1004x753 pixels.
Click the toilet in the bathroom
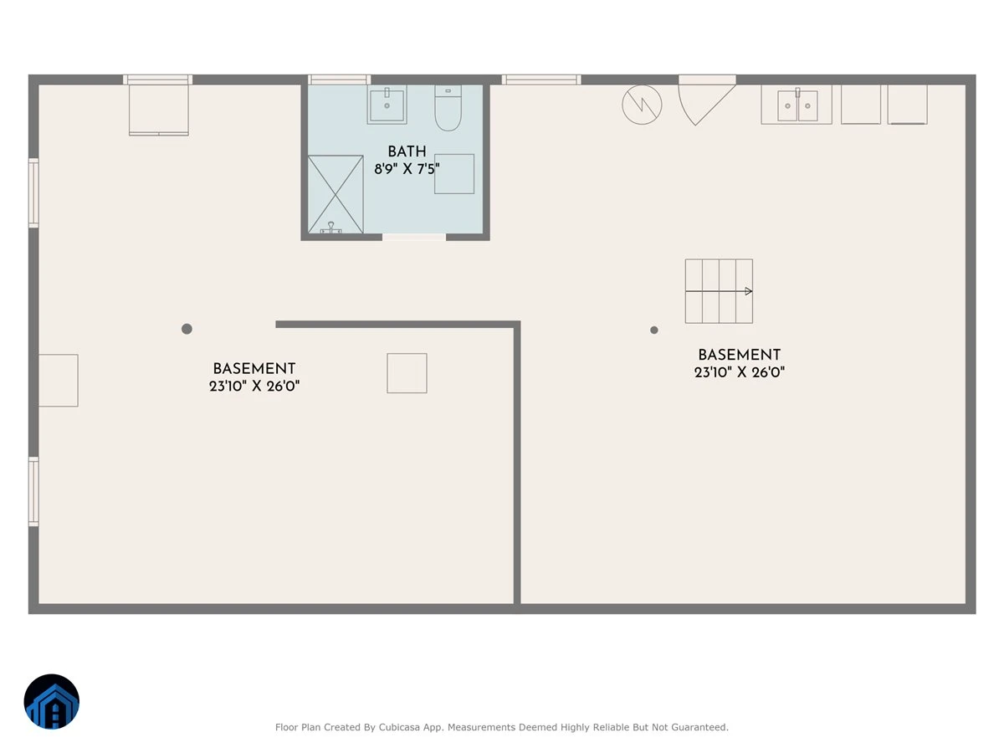448,108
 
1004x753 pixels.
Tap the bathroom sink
387,105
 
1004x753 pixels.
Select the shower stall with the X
336,194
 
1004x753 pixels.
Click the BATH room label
407,151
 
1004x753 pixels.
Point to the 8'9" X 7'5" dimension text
407,169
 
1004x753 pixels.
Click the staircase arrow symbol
719,291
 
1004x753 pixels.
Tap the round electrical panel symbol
642,105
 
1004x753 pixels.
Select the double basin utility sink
797,105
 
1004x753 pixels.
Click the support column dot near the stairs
654,330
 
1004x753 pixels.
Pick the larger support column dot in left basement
187,329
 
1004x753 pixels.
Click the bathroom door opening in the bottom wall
414,237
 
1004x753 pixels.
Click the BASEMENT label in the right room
739,356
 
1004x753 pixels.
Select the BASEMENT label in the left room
254,369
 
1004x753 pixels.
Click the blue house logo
52,701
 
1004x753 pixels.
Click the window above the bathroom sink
339,79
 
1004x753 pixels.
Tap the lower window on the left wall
33,491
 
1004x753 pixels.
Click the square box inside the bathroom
454,174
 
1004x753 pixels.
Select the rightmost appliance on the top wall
908,105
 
